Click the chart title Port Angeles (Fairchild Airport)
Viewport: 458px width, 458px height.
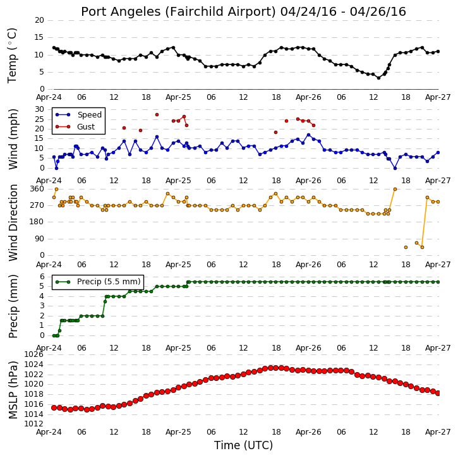point(178,12)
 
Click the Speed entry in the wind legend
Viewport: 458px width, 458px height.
point(89,115)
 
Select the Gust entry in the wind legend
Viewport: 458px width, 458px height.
point(86,127)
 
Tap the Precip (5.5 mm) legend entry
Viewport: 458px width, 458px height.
point(109,282)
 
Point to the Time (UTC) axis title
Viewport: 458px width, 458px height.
point(243,445)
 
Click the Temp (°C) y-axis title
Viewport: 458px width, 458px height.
point(12,56)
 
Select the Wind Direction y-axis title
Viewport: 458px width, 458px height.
point(13,222)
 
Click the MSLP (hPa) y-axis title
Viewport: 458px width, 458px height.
point(13,390)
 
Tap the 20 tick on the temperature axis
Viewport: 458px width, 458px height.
point(39,20)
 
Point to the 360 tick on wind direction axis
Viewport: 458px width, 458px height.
point(37,189)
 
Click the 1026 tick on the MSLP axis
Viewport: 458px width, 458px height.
point(34,354)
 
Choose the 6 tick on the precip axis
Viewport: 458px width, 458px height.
point(42,277)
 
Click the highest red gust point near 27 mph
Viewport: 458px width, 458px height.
point(157,115)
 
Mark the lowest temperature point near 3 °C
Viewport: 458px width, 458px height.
point(378,78)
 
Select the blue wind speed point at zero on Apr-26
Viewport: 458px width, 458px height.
point(395,168)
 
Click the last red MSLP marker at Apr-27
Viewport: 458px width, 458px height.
point(438,393)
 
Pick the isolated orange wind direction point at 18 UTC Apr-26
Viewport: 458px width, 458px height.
point(406,248)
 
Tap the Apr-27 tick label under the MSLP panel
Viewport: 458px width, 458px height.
point(438,432)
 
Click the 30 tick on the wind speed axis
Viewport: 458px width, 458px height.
point(39,109)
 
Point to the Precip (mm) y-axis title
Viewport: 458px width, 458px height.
point(13,306)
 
